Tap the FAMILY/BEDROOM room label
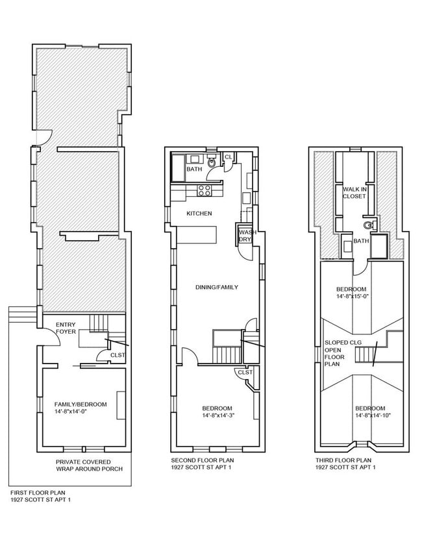80,404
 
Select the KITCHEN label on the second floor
199,214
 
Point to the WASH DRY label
245,236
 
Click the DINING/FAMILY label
216,286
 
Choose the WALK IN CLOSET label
354,192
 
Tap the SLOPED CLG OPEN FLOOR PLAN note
336,353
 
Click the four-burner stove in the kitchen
205,191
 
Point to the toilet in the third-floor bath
368,226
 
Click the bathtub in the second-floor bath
177,168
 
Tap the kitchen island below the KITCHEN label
197,234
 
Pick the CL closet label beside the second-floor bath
228,157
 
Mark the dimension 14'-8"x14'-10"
373,416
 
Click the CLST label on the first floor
118,355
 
